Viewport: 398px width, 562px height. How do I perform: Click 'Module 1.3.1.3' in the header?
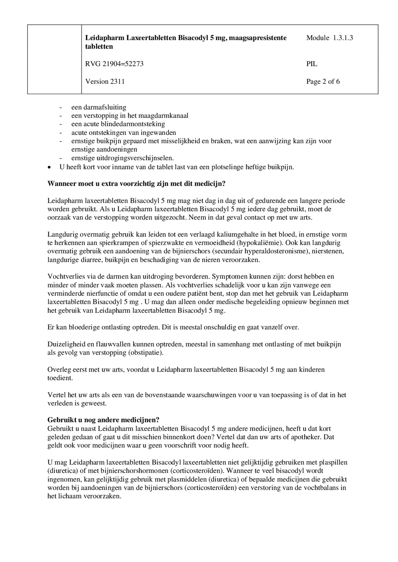329,38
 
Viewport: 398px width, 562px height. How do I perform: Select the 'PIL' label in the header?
312,64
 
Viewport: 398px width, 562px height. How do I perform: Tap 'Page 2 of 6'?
323,81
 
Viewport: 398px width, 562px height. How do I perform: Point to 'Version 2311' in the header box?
105,81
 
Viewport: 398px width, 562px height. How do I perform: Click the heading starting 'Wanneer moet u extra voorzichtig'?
136,184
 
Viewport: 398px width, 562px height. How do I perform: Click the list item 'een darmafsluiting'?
99,107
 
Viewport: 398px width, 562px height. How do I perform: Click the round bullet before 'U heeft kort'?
49,168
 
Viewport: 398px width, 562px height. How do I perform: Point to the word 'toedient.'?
60,378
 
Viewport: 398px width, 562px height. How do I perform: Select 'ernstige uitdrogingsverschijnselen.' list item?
122,158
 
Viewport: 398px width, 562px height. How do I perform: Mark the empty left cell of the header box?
54,59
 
